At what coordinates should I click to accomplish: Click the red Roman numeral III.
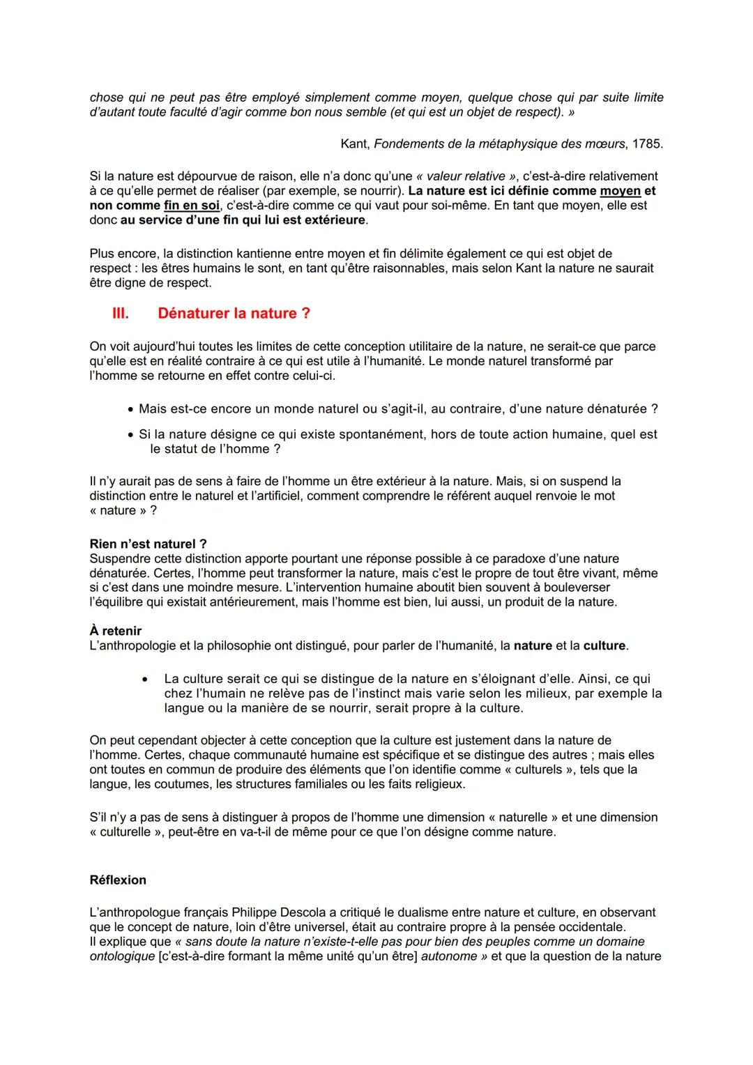(121, 314)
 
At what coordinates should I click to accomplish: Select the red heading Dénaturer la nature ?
(234, 314)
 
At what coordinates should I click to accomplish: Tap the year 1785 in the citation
(646, 144)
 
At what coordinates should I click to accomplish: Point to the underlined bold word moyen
(620, 191)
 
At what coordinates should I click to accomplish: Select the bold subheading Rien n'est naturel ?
(149, 544)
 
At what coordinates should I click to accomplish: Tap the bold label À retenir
(116, 631)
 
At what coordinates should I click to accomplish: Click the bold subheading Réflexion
(118, 880)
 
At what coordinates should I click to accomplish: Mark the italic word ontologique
(122, 956)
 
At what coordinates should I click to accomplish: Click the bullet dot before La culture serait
(144, 679)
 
